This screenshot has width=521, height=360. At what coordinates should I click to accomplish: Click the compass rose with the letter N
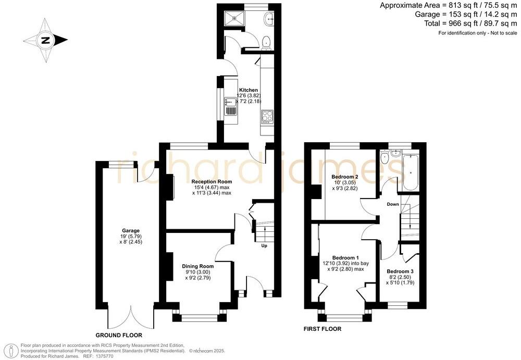coord(46,40)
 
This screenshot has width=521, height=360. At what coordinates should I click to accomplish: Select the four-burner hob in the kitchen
coord(267,116)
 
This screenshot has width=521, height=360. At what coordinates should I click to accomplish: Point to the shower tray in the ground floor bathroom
coord(237,18)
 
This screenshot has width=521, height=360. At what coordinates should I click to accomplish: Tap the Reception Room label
coord(211,181)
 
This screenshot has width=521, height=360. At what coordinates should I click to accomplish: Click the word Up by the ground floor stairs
coord(264,246)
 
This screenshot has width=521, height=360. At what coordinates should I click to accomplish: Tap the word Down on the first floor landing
coord(393,204)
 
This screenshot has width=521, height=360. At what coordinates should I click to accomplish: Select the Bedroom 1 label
coord(345,258)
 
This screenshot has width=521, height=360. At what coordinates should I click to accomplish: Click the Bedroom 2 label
coord(345,177)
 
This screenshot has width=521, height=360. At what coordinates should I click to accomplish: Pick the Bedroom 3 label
coord(400,271)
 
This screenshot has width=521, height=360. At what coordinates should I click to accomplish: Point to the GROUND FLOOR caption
coord(117,336)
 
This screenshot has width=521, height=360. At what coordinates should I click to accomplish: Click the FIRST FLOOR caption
coord(322,329)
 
